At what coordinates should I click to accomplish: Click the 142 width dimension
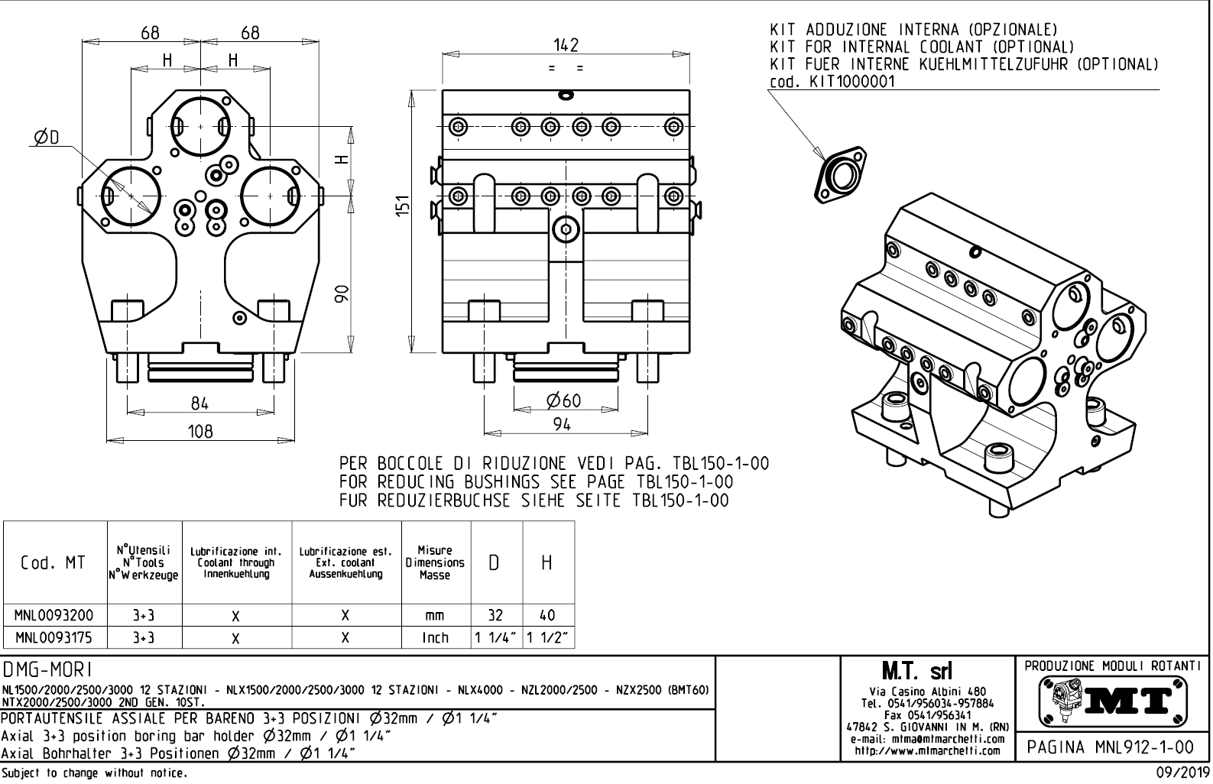(566, 45)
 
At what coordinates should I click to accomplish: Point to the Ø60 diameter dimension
(563, 400)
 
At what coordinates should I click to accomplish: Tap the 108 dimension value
(200, 431)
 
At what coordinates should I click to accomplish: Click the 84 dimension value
(199, 403)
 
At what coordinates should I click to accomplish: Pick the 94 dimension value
(562, 425)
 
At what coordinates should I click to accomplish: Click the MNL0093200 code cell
(54, 614)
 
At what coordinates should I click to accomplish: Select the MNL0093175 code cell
(54, 637)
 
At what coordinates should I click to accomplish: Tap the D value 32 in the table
(495, 614)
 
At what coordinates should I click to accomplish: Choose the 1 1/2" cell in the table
(547, 637)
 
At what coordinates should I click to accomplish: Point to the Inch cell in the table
(435, 637)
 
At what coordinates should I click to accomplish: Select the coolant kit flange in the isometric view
(841, 177)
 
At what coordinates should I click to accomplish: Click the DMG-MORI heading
(47, 670)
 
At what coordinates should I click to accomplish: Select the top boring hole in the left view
(200, 125)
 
